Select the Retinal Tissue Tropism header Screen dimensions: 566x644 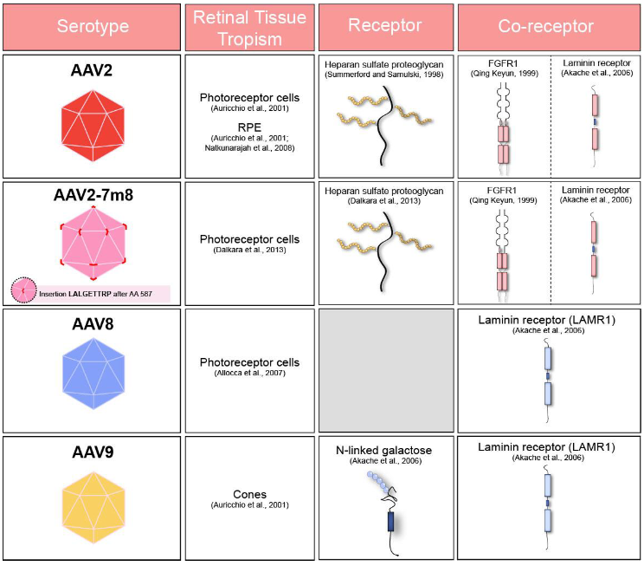pos(249,26)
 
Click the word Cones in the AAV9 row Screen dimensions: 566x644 pos(250,494)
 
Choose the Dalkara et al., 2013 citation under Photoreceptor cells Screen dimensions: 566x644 pos(250,251)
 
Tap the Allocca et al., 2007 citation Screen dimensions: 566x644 pos(250,374)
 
